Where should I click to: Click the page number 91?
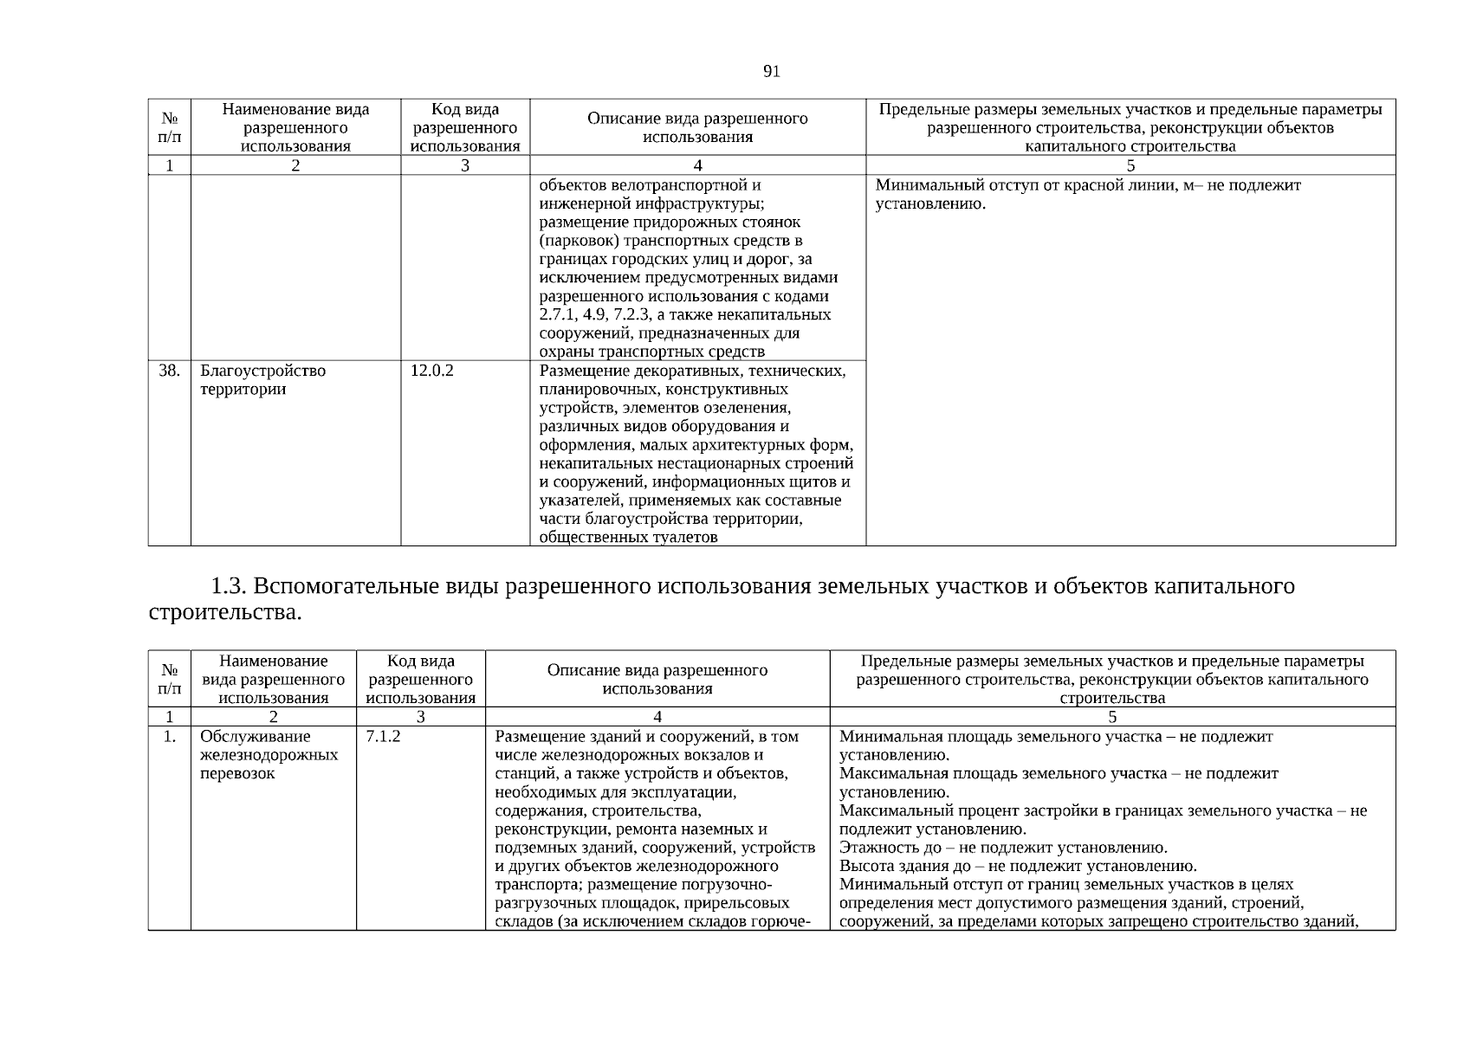tap(772, 72)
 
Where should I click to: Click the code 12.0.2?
tap(431, 371)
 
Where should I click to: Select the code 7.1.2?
tap(383, 737)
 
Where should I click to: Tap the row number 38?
tap(169, 371)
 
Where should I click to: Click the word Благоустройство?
tap(263, 371)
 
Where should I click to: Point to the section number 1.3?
tap(230, 587)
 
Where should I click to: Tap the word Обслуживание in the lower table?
tap(255, 737)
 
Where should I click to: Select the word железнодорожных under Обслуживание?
tap(269, 755)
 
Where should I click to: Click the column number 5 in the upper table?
tap(1130, 165)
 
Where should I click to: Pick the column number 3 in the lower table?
tap(420, 717)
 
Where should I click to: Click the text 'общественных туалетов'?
tap(628, 538)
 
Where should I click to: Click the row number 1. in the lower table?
tap(169, 737)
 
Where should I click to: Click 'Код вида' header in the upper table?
tap(465, 110)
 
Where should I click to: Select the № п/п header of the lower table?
tap(170, 680)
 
